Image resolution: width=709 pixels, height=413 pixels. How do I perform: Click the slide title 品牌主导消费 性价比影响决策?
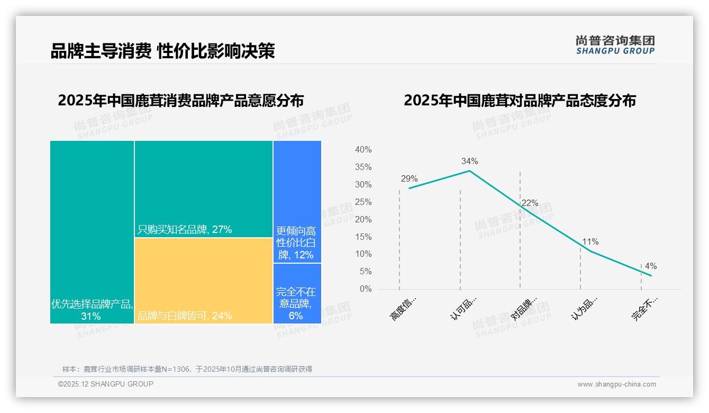coord(162,51)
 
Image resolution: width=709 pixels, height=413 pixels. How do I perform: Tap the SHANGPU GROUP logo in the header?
coord(615,45)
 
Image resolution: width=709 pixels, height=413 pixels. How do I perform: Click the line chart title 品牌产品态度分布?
coord(520,101)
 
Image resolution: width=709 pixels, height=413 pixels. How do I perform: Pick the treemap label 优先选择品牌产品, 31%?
coord(92,310)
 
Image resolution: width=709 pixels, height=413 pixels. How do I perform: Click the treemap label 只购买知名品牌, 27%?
coord(185,229)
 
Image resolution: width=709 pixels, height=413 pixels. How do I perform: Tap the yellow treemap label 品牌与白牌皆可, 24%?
coord(185,316)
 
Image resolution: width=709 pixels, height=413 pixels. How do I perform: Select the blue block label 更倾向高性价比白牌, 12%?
coord(296,243)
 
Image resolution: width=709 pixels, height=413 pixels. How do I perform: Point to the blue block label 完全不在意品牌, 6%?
coord(296,304)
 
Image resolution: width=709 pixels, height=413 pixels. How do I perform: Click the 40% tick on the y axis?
coord(363,150)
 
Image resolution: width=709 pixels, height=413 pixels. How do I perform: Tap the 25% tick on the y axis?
coord(363,202)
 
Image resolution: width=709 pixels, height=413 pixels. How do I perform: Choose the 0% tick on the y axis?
coord(365,289)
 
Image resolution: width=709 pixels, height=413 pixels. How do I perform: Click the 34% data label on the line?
coord(469,161)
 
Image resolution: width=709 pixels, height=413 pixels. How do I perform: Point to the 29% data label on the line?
coord(409,179)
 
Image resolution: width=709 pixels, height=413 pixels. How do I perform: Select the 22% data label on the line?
coord(530,203)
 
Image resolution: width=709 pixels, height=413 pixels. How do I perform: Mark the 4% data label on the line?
coord(650,266)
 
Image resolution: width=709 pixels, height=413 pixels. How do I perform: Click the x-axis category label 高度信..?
coord(403,309)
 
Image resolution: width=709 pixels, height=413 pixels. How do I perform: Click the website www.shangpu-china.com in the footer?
coord(616,384)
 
